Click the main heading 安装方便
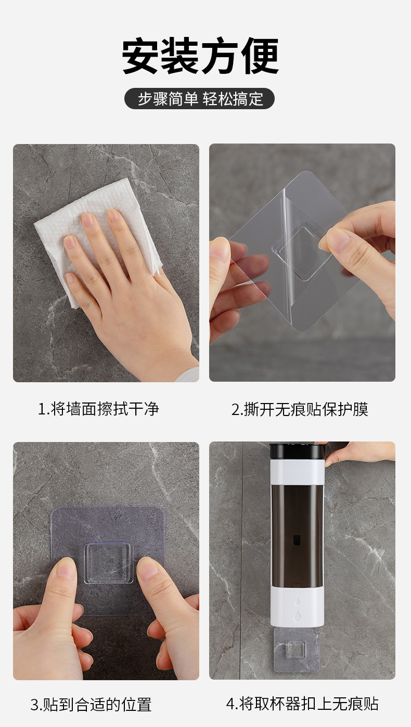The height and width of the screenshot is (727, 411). point(200,56)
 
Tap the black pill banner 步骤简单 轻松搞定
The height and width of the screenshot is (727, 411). point(200,99)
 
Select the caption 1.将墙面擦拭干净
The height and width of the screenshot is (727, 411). point(98,409)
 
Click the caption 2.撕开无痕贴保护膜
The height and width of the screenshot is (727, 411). point(300,409)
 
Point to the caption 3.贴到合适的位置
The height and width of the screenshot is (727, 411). point(91,705)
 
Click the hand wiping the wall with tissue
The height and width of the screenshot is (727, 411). point(125,291)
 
